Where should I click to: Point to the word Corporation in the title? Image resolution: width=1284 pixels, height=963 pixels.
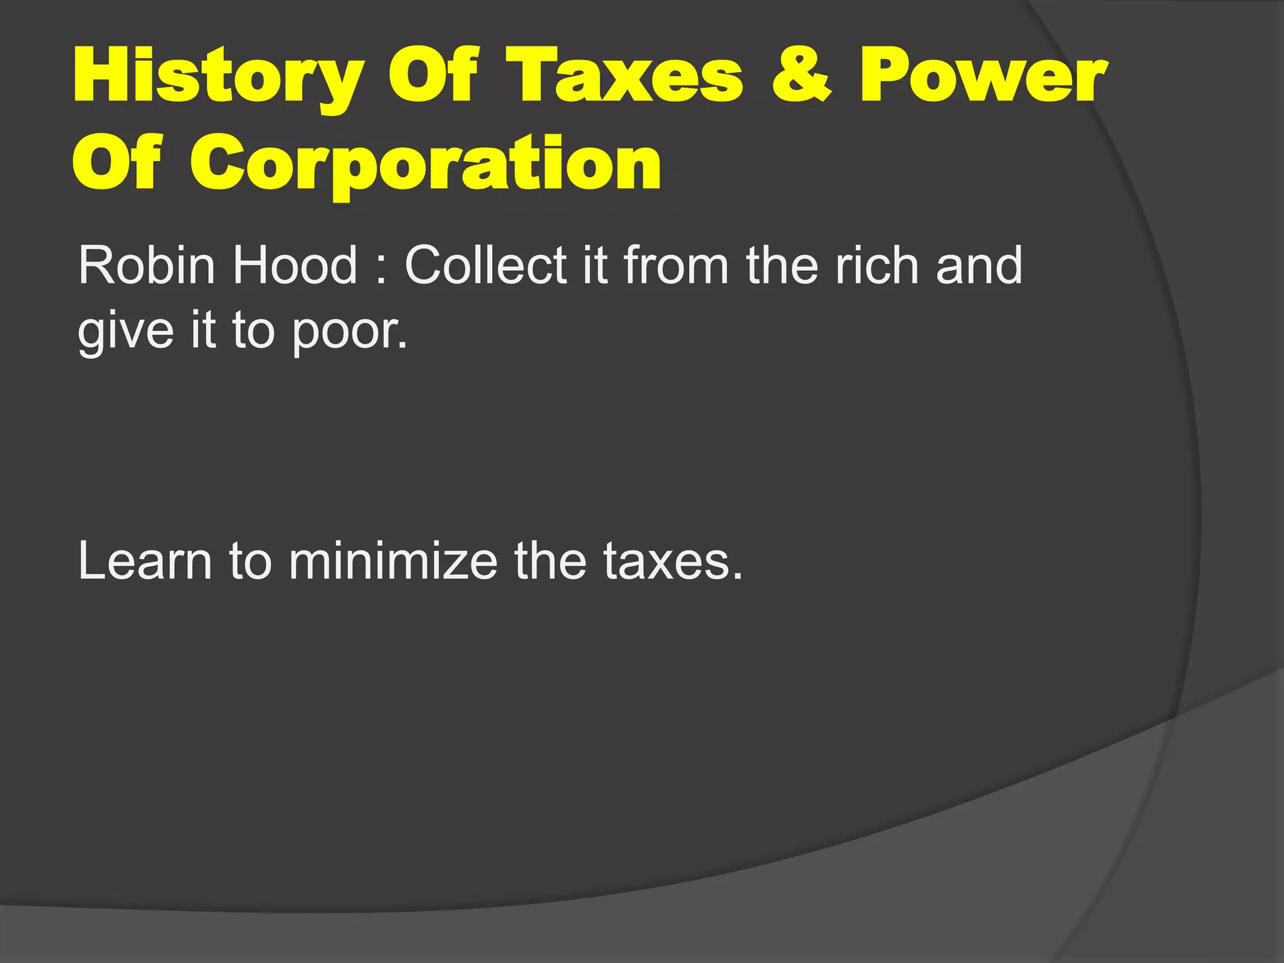[x=426, y=164]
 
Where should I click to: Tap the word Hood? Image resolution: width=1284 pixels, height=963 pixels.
[x=295, y=265]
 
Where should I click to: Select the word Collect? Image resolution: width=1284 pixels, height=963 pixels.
[x=487, y=265]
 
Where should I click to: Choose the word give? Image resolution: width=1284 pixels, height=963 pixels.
[x=125, y=332]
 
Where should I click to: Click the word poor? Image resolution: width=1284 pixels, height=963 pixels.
[x=349, y=332]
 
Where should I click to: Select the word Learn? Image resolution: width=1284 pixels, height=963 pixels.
[x=145, y=561]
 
